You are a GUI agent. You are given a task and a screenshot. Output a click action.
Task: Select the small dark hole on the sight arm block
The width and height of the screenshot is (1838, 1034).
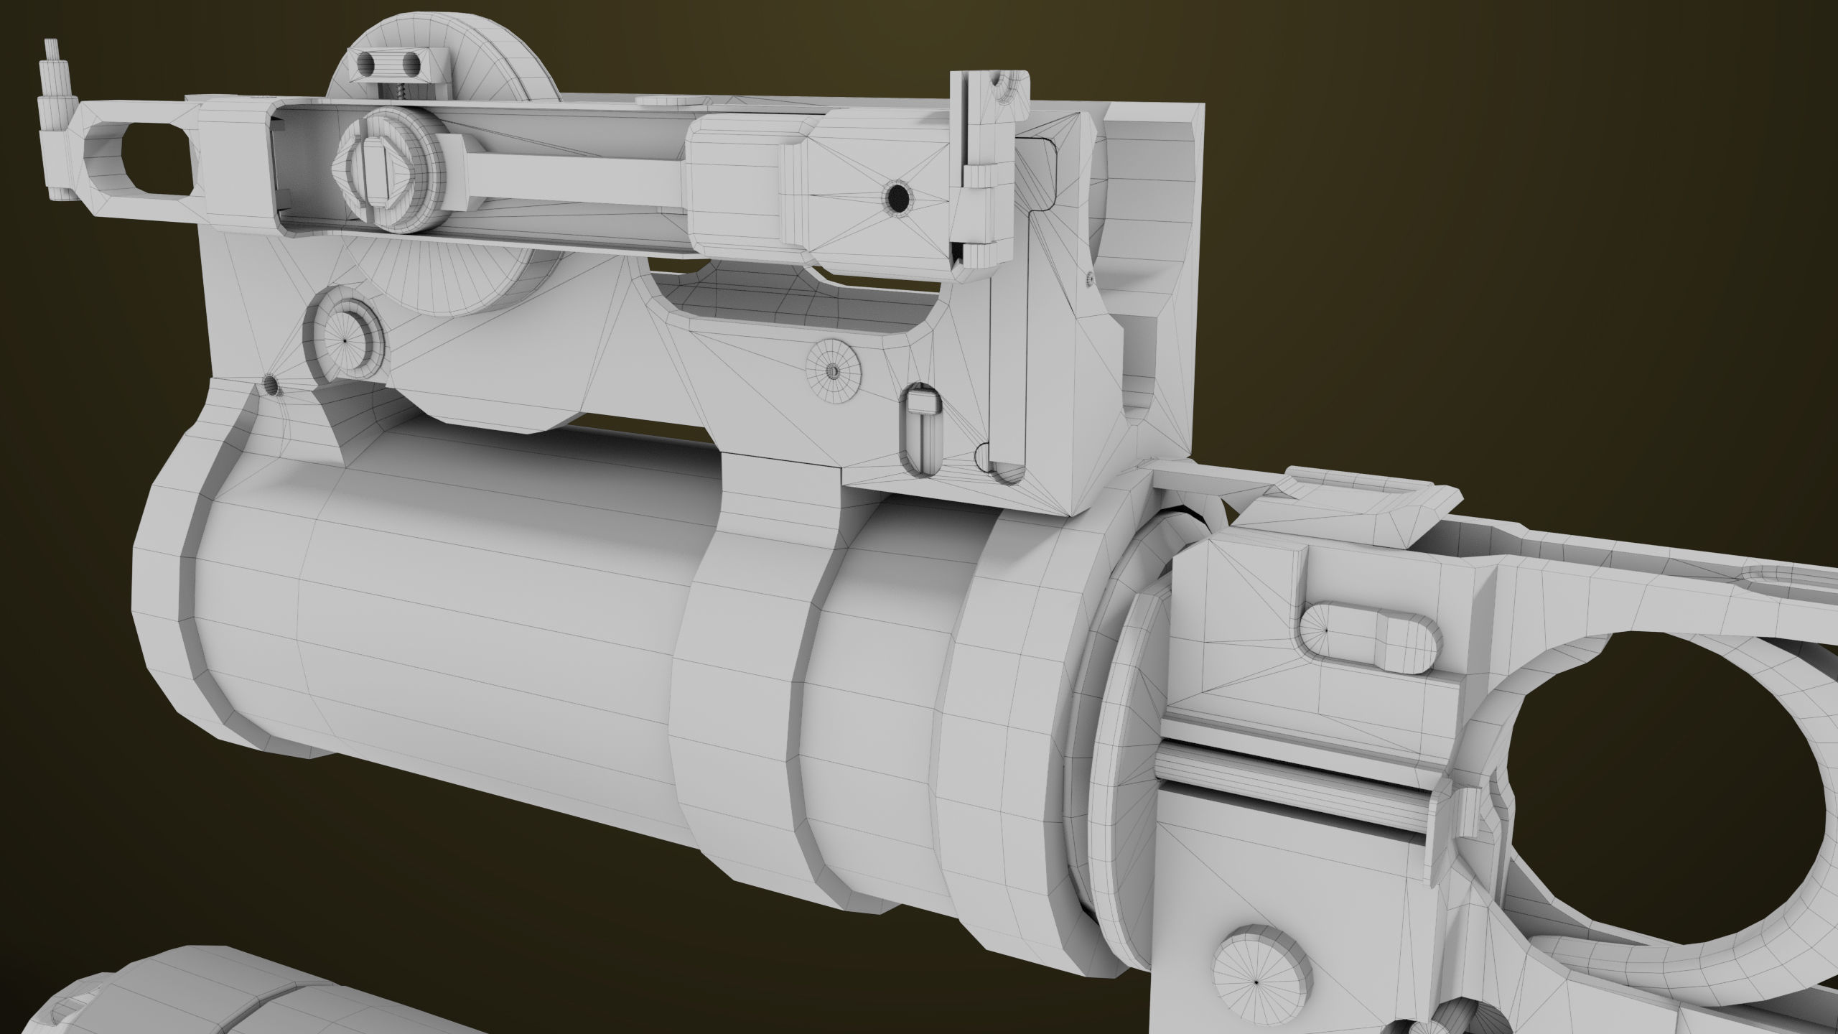pyautogui.click(x=897, y=195)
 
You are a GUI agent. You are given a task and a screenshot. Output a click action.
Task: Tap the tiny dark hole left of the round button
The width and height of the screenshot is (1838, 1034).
pyautogui.click(x=271, y=384)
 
